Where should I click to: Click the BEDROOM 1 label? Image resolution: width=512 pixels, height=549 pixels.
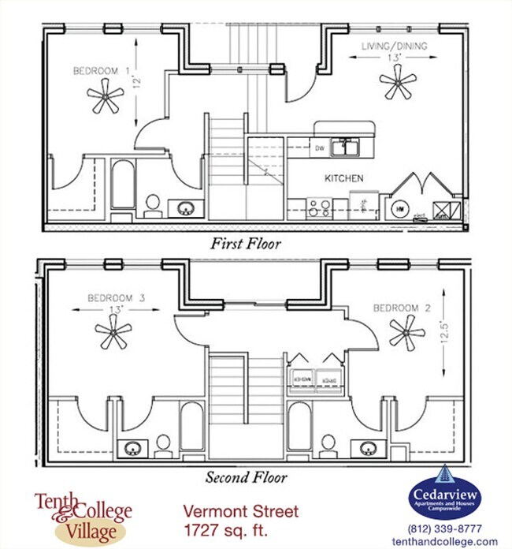[x=102, y=71]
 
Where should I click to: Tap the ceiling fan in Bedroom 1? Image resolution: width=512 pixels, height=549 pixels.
[x=106, y=99]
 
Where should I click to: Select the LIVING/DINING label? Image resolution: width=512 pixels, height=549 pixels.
[x=394, y=47]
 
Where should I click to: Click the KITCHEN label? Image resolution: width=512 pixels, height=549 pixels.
[x=344, y=179]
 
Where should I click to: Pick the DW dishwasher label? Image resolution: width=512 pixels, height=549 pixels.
[x=320, y=148]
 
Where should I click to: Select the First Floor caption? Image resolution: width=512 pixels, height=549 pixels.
[x=245, y=244]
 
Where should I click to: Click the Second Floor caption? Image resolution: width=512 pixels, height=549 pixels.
[x=246, y=477]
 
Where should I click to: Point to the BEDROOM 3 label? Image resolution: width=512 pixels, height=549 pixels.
[x=116, y=298]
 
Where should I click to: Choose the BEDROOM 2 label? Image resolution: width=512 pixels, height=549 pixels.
[x=402, y=307]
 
